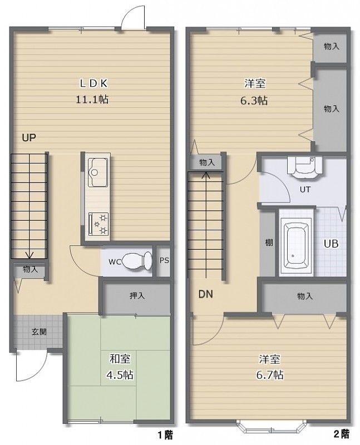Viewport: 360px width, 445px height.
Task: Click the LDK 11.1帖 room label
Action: (92, 91)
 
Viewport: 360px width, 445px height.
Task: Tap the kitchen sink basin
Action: (97, 172)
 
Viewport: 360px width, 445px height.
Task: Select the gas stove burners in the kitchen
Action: (98, 224)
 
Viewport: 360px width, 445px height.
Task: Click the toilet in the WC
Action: (138, 261)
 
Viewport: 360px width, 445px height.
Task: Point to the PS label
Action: (164, 260)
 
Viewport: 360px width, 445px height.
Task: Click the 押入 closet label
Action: (137, 296)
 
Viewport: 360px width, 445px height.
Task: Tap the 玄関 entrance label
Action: (39, 332)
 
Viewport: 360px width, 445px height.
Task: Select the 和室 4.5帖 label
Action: (120, 367)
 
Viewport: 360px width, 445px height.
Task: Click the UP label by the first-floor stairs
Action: (29, 137)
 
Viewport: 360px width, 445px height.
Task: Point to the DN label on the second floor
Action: (205, 294)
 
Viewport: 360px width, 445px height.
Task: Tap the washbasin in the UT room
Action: (305, 167)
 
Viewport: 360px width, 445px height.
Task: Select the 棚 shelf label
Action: (269, 243)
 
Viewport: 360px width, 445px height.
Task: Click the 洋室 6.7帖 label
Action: (269, 367)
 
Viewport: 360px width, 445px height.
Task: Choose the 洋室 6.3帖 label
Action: (254, 92)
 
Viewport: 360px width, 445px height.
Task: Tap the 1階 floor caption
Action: (165, 434)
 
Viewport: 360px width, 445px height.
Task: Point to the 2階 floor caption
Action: (341, 434)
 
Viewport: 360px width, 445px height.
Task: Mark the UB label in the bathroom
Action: (331, 244)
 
